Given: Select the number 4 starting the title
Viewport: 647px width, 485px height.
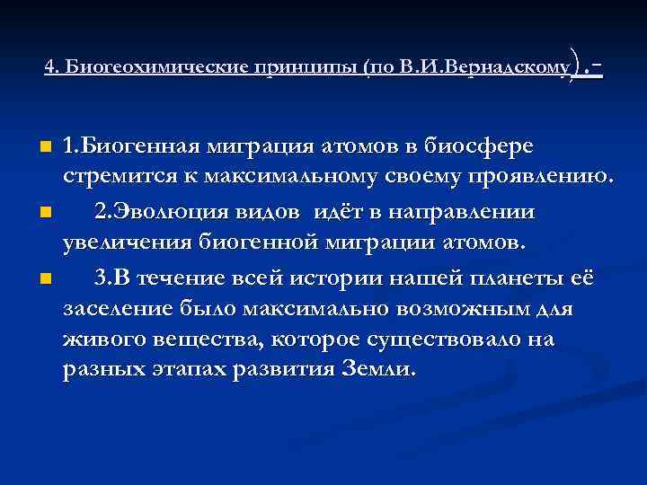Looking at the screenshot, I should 49,67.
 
